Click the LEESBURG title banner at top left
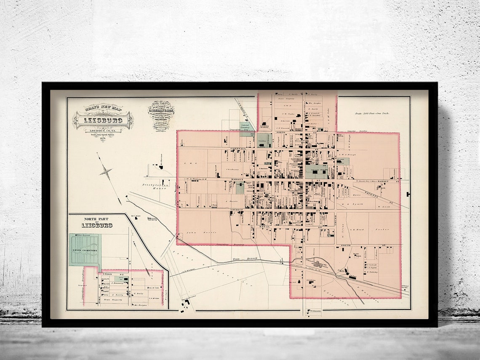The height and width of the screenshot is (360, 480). (x=102, y=120)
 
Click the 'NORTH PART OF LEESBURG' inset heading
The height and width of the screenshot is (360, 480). (x=97, y=223)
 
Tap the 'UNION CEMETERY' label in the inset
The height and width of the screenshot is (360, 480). (x=85, y=251)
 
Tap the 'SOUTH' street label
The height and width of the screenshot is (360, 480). (x=346, y=245)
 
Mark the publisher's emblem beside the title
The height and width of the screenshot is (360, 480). (x=161, y=115)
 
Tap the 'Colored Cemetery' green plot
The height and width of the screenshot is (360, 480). (x=247, y=129)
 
